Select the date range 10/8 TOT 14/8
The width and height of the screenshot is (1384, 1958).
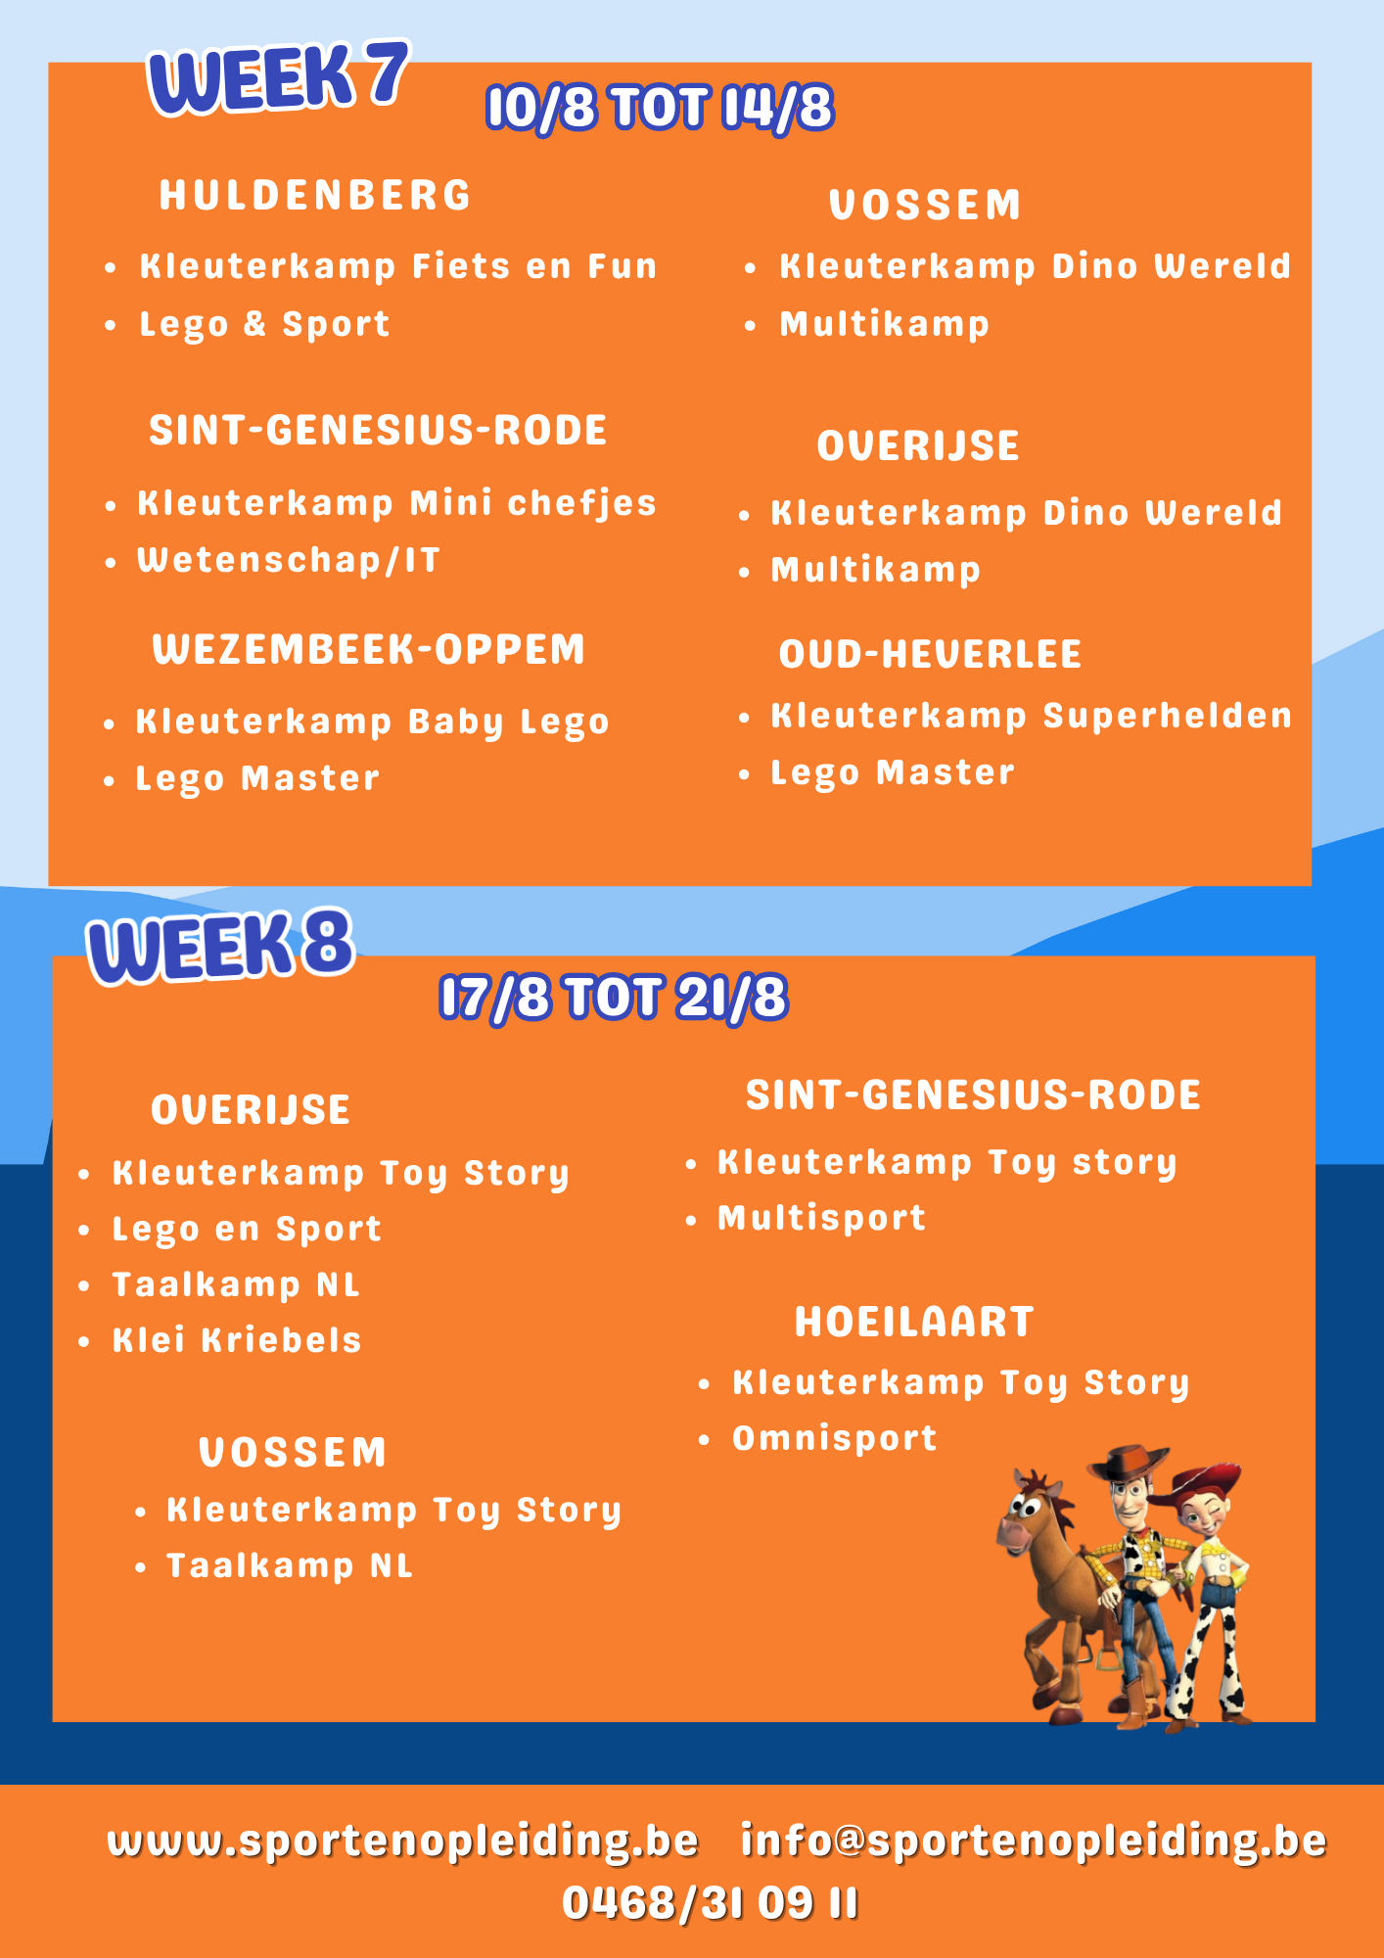coord(660,108)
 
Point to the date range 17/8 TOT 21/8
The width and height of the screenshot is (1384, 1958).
coord(614,998)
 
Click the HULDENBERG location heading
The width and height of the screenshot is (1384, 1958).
coord(315,195)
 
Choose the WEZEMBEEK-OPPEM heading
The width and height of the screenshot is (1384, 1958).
coord(368,649)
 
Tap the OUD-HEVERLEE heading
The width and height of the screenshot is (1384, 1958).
coord(930,654)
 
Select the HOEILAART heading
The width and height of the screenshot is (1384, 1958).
coord(914,1322)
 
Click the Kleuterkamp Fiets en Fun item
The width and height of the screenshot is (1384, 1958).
coord(397,266)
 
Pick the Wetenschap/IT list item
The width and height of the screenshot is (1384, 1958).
coord(289,560)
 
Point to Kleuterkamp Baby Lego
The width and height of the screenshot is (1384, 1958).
coord(372,723)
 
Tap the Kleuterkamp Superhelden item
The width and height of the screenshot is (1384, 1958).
coord(1032,717)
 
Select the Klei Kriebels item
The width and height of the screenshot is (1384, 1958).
coord(237,1339)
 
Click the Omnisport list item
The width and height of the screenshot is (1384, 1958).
coord(835,1439)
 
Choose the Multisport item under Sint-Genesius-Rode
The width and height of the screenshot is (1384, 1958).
coord(822,1218)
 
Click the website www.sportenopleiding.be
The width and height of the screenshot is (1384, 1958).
coord(403,1841)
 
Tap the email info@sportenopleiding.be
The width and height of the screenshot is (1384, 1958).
coord(1034,1841)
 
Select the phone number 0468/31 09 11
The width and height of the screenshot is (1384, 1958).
coord(711,1903)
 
